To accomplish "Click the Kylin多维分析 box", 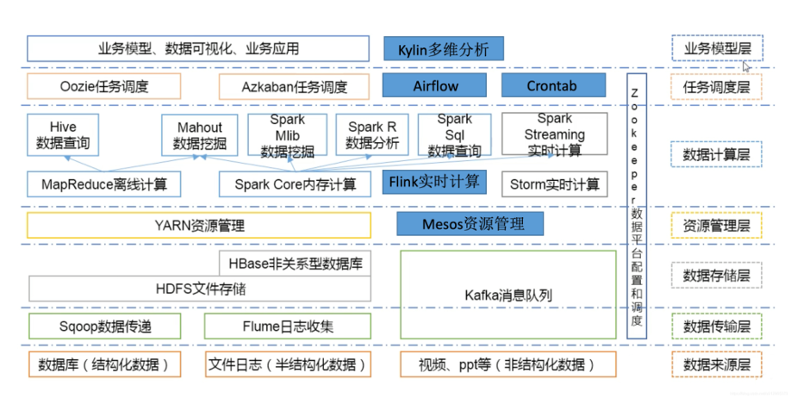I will (x=442, y=48).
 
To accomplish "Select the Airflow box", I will (x=435, y=86).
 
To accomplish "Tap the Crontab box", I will (x=551, y=86).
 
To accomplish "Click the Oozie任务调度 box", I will (x=104, y=86).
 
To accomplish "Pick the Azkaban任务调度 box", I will (x=294, y=86).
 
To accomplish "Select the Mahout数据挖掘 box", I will (x=199, y=135).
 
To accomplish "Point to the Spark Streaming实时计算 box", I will (x=554, y=135).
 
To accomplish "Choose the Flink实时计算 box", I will (x=435, y=182).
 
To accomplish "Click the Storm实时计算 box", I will (x=554, y=183).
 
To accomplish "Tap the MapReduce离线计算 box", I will (x=104, y=183).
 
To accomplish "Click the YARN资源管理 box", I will (x=198, y=226).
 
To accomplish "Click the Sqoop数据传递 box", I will (x=104, y=326).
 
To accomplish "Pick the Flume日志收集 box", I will (x=287, y=326).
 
